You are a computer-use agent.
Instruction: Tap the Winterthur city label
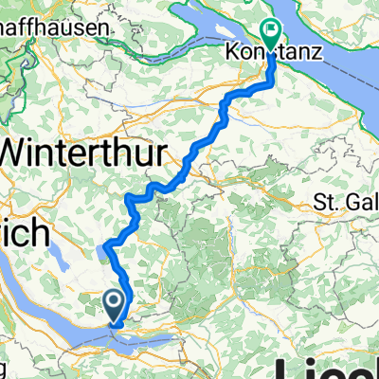point(86,152)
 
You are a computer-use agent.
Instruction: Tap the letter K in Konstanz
point(231,54)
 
